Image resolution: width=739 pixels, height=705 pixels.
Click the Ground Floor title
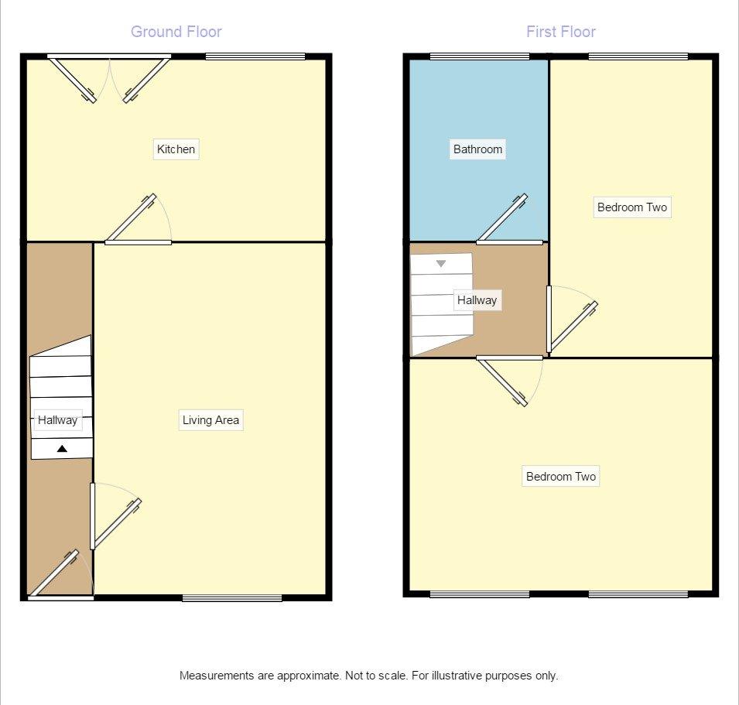[176, 32]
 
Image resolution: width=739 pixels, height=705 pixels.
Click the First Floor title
[561, 32]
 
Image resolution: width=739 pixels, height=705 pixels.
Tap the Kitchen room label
[176, 149]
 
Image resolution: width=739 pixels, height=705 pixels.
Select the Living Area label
[210, 420]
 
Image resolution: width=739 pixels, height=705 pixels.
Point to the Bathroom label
[477, 149]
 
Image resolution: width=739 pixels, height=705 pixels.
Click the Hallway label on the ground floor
[57, 420]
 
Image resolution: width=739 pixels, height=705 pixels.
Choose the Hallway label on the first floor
[477, 300]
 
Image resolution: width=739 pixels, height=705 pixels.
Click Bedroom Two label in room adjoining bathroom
[632, 207]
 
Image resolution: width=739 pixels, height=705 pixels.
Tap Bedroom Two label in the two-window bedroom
[561, 477]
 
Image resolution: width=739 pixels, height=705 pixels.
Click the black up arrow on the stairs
[62, 449]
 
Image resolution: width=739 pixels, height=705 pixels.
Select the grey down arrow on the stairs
[440, 263]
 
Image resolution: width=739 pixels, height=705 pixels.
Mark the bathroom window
[480, 57]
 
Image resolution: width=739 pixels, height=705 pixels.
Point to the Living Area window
[232, 598]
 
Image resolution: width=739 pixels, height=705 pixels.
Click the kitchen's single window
[255, 57]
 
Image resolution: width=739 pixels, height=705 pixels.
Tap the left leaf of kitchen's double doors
[73, 79]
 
